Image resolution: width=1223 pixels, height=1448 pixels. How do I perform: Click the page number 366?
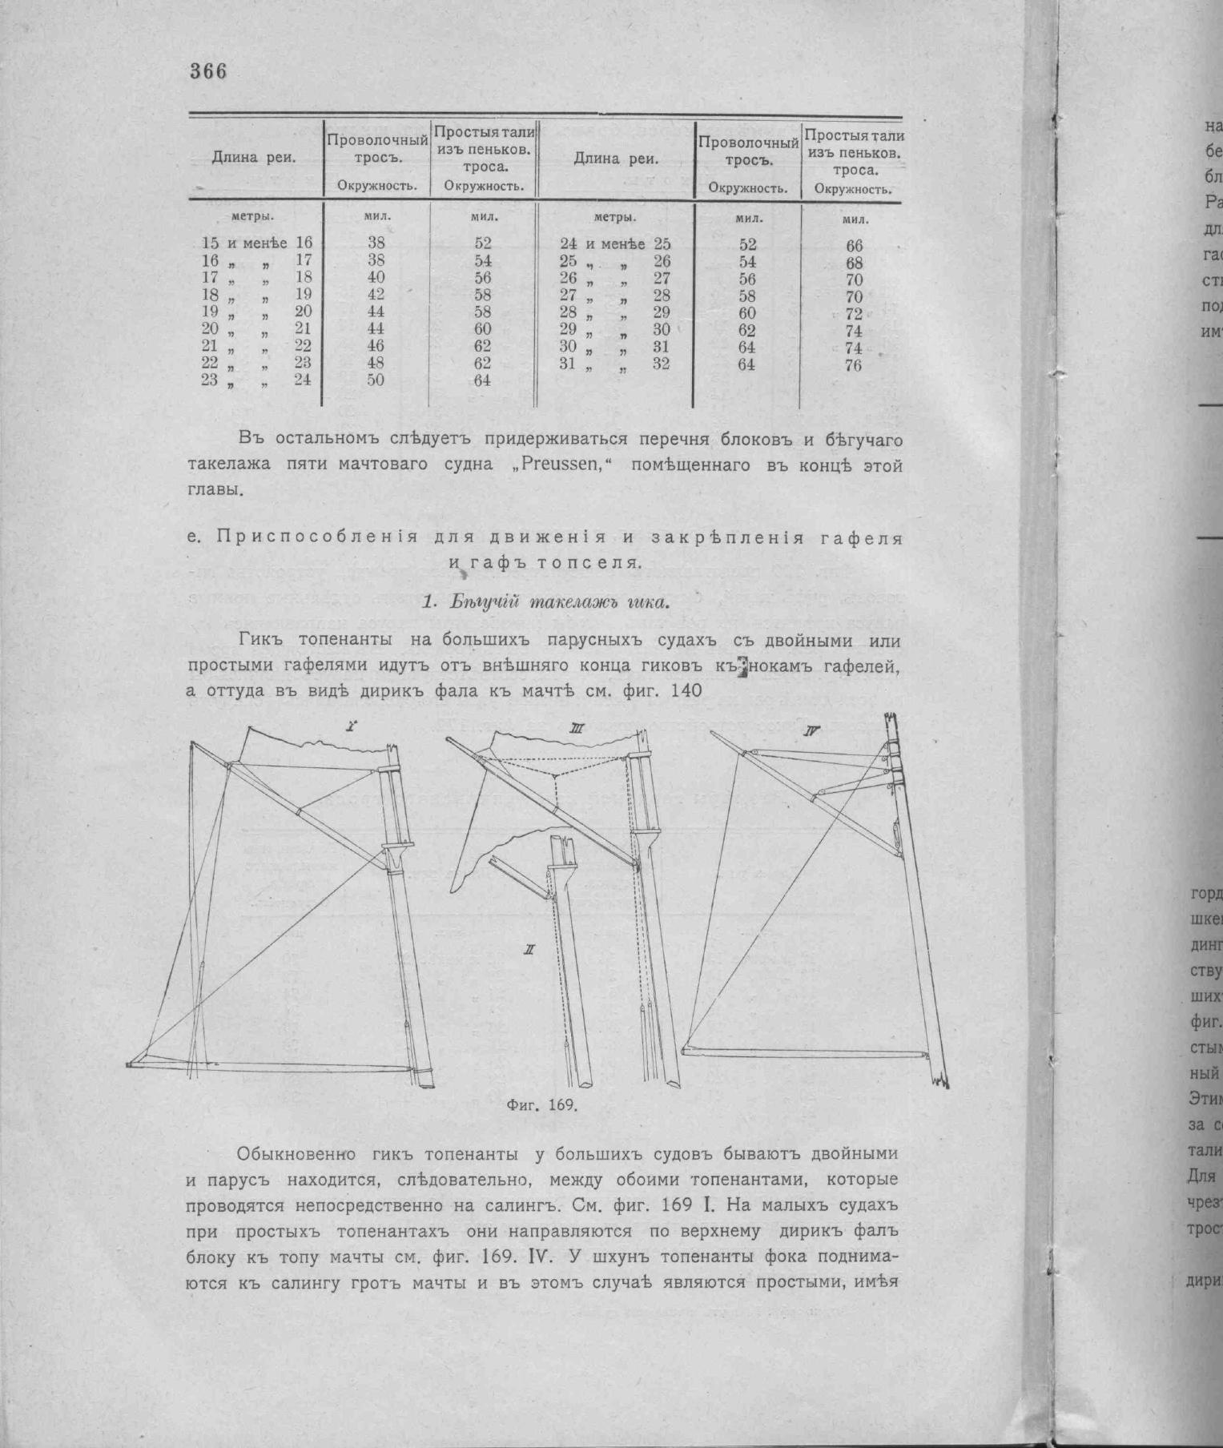pos(208,71)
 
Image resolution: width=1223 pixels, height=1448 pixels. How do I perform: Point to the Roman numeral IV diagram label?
pos(813,731)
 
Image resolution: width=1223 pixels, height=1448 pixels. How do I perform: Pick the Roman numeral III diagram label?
pos(575,729)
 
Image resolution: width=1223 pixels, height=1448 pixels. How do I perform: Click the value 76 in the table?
pos(853,366)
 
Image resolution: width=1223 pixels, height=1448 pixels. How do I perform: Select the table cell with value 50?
pos(376,380)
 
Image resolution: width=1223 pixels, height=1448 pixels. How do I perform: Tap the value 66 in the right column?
pos(854,247)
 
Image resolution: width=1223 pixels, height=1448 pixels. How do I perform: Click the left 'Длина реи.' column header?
pos(253,158)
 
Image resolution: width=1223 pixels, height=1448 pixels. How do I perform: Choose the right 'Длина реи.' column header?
pos(616,159)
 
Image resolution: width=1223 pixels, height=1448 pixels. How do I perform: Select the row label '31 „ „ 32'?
pos(614,364)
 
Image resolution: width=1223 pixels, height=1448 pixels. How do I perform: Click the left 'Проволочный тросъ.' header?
pos(376,149)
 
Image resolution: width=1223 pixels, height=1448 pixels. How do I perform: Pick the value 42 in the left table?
pos(376,295)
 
